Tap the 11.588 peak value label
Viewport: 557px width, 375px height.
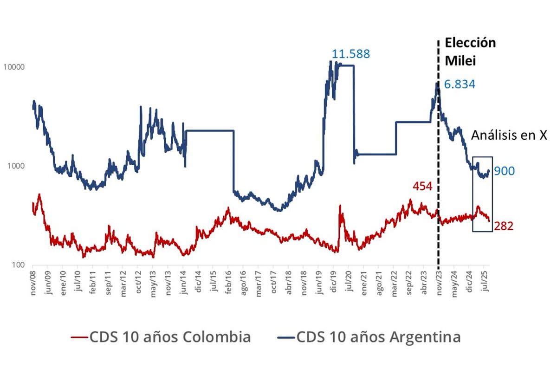(x=350, y=54)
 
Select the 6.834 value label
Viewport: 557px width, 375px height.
(x=460, y=84)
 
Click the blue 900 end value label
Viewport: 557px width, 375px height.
(x=504, y=171)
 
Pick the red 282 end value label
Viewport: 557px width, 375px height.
(x=504, y=226)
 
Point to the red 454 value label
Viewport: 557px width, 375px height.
(x=422, y=187)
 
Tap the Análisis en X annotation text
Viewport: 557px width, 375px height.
(x=509, y=135)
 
